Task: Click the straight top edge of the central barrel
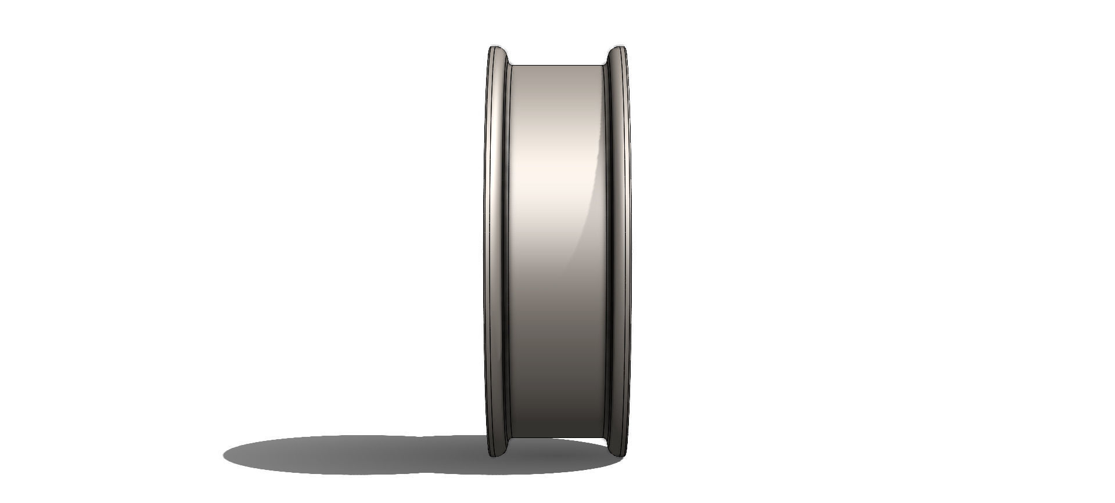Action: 556,65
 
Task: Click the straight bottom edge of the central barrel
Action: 556,438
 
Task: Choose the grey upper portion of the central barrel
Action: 556,93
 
